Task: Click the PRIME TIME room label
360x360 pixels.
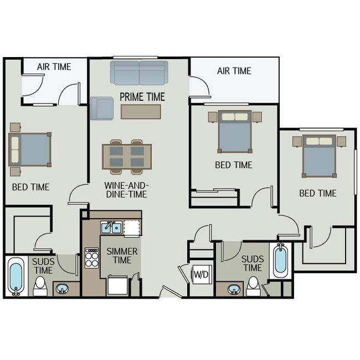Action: click(x=142, y=97)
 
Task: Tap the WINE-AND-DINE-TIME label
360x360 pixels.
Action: click(x=126, y=190)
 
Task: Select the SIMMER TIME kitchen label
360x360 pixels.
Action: click(x=122, y=256)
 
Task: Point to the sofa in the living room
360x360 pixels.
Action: click(x=138, y=73)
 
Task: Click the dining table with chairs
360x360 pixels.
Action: click(x=127, y=156)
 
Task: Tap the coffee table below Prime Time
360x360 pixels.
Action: click(x=141, y=112)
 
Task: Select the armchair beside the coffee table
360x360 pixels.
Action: click(x=101, y=107)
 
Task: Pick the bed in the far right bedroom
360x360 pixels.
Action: click(x=320, y=156)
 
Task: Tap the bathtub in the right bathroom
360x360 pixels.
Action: click(x=281, y=261)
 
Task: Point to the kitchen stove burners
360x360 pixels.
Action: click(x=91, y=258)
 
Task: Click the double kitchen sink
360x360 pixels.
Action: click(x=111, y=227)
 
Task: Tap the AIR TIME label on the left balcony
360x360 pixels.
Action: click(x=54, y=67)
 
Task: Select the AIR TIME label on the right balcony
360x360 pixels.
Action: click(x=234, y=71)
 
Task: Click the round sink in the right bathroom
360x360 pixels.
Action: click(x=234, y=289)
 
